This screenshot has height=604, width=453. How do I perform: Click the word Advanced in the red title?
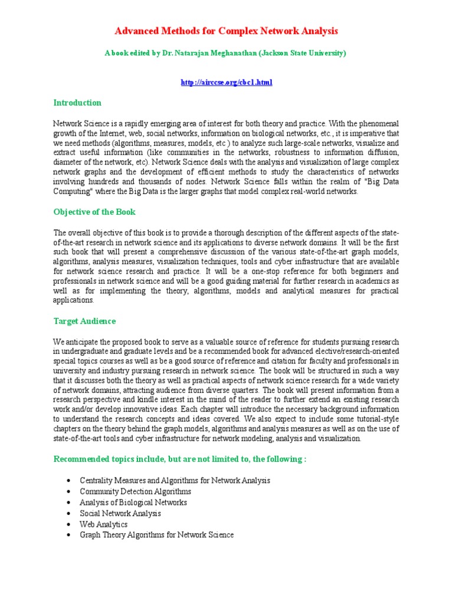click(134, 31)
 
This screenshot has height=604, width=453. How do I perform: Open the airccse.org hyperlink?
click(226, 82)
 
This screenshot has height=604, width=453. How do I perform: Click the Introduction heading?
click(77, 103)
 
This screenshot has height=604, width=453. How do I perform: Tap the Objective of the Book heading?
click(94, 212)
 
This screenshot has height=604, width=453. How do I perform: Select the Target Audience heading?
click(84, 321)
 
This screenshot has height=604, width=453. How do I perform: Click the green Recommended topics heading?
click(180, 459)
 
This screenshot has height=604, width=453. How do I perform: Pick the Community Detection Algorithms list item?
click(135, 491)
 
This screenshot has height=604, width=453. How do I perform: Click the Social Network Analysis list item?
click(120, 513)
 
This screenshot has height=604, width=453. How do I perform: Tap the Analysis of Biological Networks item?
click(133, 503)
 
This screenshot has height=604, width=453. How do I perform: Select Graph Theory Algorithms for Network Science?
click(156, 535)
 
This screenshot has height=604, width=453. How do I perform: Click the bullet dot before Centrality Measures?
click(70, 481)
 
